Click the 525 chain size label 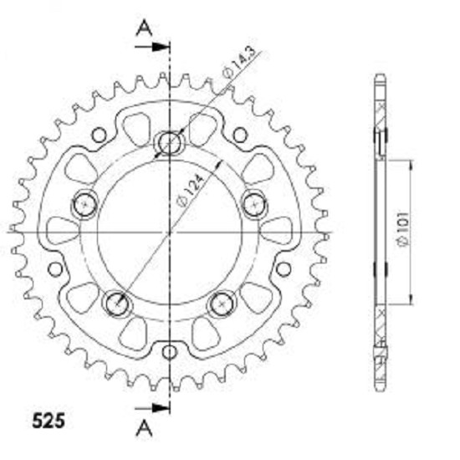49,421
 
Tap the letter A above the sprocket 144,28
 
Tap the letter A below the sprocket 144,427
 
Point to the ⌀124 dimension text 191,191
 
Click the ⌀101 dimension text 403,229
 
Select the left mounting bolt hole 84,204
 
